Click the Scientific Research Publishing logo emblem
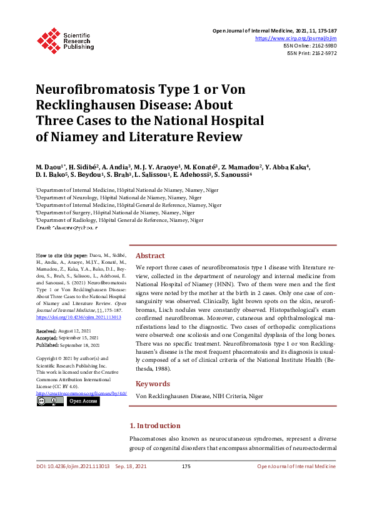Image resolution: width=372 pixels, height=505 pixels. [x=48, y=39]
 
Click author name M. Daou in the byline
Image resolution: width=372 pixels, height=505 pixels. [x=48, y=167]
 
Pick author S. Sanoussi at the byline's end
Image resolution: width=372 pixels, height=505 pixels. [x=232, y=176]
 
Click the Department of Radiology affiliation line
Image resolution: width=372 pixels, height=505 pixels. [x=119, y=220]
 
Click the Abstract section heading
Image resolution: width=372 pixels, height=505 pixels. [x=150, y=256]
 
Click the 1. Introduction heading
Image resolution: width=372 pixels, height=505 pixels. [x=158, y=426]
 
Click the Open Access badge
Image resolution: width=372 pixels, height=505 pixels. [x=82, y=401]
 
